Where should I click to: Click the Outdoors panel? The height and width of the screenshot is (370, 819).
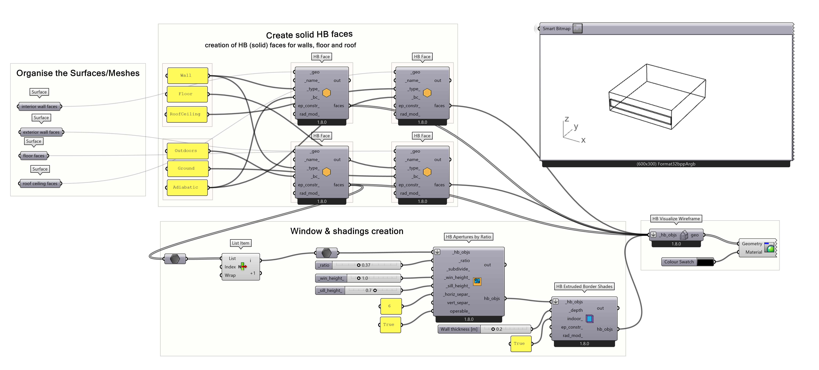(188, 151)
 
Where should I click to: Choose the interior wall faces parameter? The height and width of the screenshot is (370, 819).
(39, 106)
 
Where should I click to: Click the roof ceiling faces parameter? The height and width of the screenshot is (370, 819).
(40, 183)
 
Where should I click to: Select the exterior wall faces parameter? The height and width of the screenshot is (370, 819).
(41, 132)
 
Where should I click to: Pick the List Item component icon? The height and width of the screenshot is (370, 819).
(243, 266)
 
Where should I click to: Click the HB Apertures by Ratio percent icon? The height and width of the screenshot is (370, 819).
(477, 281)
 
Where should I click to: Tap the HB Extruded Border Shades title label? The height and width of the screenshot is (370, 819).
(584, 286)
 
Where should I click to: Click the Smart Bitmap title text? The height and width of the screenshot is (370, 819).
(556, 29)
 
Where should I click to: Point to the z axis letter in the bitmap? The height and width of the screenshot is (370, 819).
(567, 119)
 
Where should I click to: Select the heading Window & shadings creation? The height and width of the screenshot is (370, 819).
(347, 231)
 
